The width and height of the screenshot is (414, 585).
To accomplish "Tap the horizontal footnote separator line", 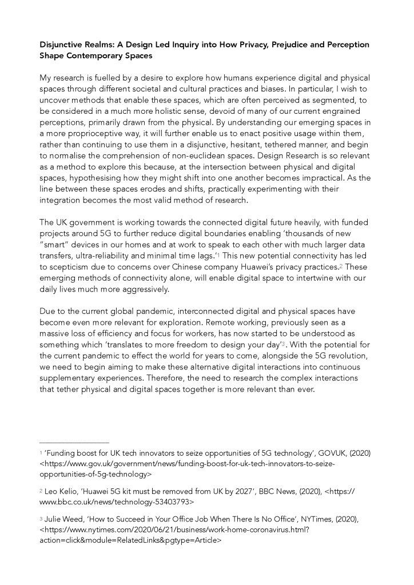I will click(x=74, y=442).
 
